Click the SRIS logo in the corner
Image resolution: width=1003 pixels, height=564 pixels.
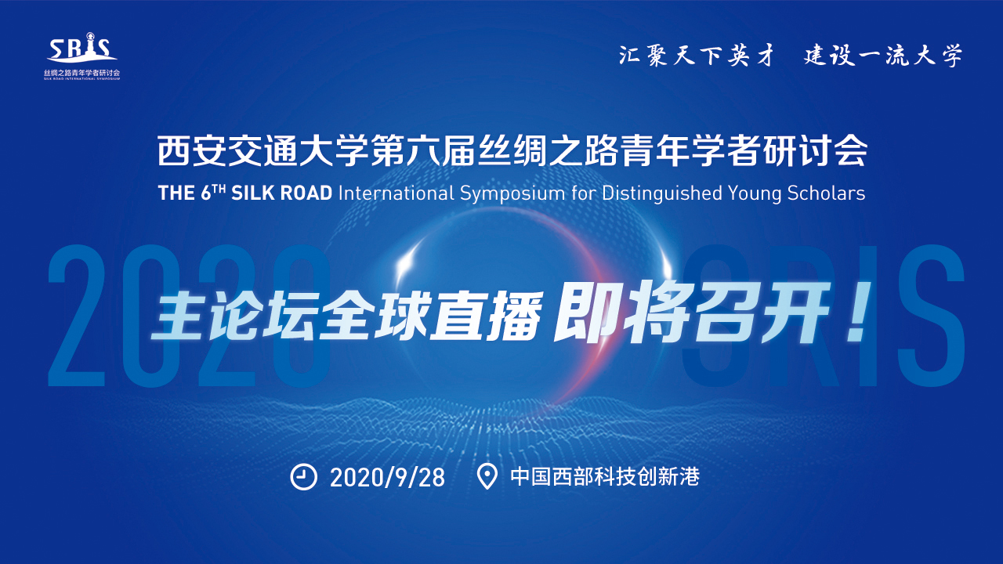pyautogui.click(x=82, y=56)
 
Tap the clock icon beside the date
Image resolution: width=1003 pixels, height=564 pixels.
pyautogui.click(x=303, y=477)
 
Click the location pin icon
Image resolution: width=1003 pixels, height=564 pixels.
pyautogui.click(x=487, y=477)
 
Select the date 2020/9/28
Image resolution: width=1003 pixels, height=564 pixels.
pyautogui.click(x=387, y=478)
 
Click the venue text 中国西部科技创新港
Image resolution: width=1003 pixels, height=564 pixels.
pyautogui.click(x=605, y=477)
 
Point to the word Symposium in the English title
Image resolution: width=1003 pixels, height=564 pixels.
pyautogui.click(x=512, y=193)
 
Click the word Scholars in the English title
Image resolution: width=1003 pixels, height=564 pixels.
pyautogui.click(x=826, y=193)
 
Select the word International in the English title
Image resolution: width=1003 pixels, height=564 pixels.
pyautogui.click(x=396, y=193)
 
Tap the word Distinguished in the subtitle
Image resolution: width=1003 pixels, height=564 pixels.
pyautogui.click(x=662, y=193)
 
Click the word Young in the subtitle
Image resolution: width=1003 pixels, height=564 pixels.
pyautogui.click(x=755, y=194)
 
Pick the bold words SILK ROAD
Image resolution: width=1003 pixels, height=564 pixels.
pyautogui.click(x=281, y=193)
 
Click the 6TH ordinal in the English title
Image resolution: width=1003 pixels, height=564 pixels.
pyautogui.click(x=212, y=193)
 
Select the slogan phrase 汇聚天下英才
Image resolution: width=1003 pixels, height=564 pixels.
pyautogui.click(x=697, y=56)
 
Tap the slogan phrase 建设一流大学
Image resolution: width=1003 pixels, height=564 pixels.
pyautogui.click(x=882, y=56)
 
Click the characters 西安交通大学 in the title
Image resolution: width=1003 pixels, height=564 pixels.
pyautogui.click(x=263, y=151)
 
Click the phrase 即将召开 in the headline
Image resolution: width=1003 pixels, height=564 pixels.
pyautogui.click(x=692, y=312)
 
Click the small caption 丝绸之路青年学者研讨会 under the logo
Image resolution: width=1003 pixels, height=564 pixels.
pyautogui.click(x=82, y=73)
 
